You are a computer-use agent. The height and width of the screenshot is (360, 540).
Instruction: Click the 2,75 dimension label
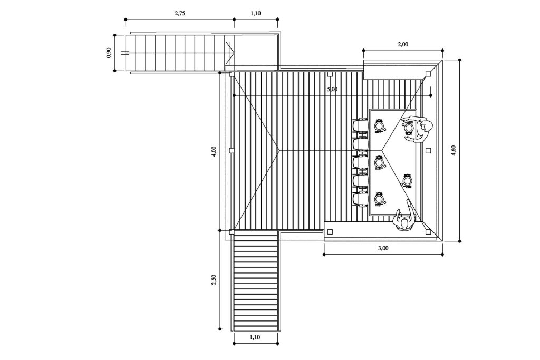pos(180,13)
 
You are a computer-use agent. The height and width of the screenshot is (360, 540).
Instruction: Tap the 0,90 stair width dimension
pos(109,53)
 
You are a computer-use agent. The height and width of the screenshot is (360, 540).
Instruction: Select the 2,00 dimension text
pos(403,44)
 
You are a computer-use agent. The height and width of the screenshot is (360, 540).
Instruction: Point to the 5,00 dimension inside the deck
pos(332,89)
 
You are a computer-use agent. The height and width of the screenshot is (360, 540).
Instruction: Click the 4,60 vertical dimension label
pos(454,151)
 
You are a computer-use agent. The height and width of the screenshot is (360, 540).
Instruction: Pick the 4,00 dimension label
pos(214,152)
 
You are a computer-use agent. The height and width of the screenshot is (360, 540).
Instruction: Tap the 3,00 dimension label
pos(383,248)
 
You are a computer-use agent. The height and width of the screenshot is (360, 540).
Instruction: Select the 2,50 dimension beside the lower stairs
pos(214,279)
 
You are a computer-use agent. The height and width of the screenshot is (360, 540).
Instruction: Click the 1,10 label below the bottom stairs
pos(255,337)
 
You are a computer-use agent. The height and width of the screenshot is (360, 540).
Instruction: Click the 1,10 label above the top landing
pos(256,13)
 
